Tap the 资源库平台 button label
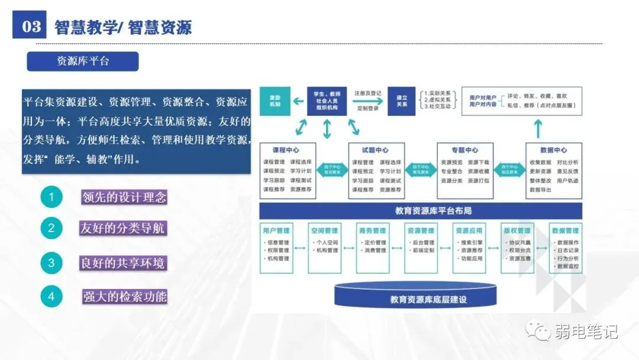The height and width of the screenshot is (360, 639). pyautogui.click(x=83, y=62)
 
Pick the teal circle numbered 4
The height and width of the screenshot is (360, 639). pyautogui.click(x=51, y=296)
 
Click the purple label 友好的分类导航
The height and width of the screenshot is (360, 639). pyautogui.click(x=123, y=228)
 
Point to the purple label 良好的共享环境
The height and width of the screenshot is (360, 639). pyautogui.click(x=123, y=262)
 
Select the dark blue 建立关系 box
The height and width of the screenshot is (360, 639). pyautogui.click(x=402, y=101)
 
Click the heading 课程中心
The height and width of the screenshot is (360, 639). pyautogui.click(x=286, y=150)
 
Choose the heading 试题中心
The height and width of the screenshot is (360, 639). pyautogui.click(x=375, y=150)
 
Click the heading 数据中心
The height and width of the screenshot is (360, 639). pyautogui.click(x=553, y=150)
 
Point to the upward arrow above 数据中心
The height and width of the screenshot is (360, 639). pyautogui.click(x=538, y=128)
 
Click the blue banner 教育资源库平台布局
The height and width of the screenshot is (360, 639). pyautogui.click(x=421, y=211)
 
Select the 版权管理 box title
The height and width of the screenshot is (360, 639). pyautogui.click(x=517, y=230)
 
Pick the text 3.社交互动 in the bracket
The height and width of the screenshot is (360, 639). pyautogui.click(x=438, y=107)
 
